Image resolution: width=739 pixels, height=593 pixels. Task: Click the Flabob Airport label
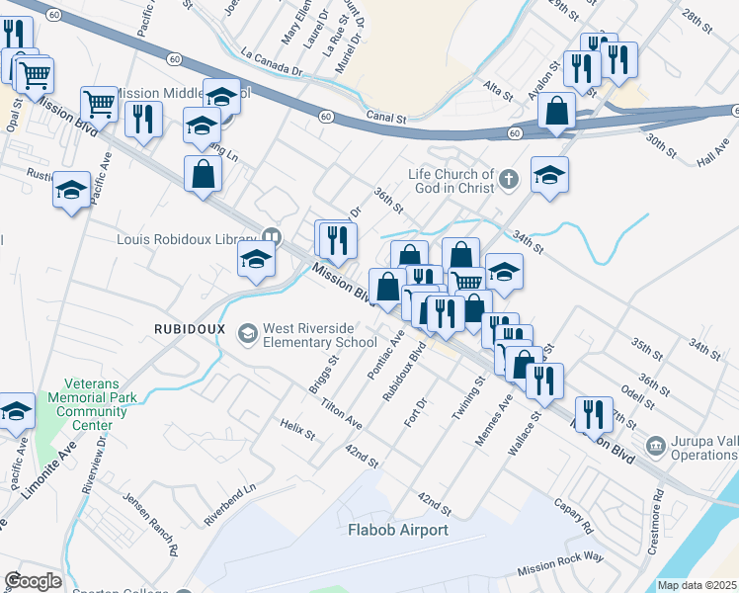pyautogui.click(x=398, y=530)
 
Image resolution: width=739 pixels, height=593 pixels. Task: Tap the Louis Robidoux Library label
pyautogui.click(x=188, y=238)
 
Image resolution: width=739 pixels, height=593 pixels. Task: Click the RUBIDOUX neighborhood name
pyautogui.click(x=190, y=328)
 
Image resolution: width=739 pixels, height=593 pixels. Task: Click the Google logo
pyautogui.click(x=34, y=580)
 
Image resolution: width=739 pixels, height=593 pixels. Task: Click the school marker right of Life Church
pyautogui.click(x=549, y=175)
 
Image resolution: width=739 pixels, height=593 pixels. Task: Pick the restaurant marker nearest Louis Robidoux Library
pyautogui.click(x=336, y=238)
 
